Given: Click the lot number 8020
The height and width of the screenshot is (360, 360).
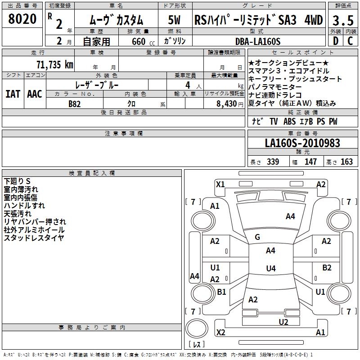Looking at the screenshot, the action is pyautogui.click(x=22, y=19).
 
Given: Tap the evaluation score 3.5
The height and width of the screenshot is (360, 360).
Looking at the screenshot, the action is pyautogui.click(x=342, y=21).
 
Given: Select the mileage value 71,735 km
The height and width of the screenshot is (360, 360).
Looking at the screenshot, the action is pyautogui.click(x=54, y=64).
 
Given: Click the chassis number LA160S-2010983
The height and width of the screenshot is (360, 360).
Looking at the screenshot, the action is pyautogui.click(x=302, y=144).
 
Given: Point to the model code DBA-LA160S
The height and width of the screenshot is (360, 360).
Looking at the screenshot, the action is pyautogui.click(x=257, y=41).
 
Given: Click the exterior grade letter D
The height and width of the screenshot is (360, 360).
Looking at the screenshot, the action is pyautogui.click(x=335, y=41).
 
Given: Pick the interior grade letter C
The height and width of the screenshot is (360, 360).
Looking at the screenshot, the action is pyautogui.click(x=350, y=41).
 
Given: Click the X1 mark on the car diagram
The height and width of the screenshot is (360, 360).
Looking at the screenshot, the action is pyautogui.click(x=220, y=184).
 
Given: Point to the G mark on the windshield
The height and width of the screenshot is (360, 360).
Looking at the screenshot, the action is pyautogui.click(x=257, y=237).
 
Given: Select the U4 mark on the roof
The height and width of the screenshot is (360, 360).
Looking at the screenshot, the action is pyautogui.click(x=270, y=269).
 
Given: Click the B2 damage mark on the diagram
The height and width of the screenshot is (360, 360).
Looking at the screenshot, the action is pyautogui.click(x=327, y=268).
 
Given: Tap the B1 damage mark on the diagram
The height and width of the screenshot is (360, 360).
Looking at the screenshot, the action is pyautogui.click(x=221, y=292).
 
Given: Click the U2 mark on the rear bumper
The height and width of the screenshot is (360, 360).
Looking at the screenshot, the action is pyautogui.click(x=283, y=321).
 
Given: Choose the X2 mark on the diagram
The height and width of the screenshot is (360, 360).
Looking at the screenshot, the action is pyautogui.click(x=220, y=333).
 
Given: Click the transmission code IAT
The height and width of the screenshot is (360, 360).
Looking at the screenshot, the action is pyautogui.click(x=12, y=94).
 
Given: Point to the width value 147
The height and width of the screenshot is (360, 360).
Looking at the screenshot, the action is pyautogui.click(x=310, y=162).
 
